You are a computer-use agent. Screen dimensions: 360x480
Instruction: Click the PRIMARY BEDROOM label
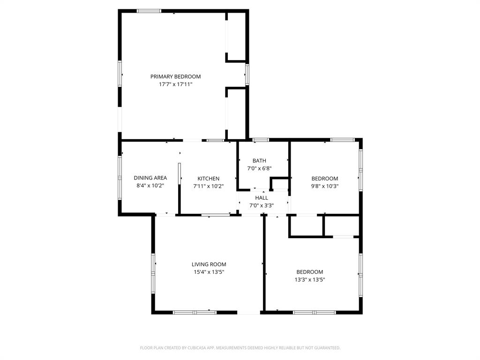(x=175, y=76)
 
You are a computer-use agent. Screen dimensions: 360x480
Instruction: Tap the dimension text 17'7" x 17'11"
(x=175, y=84)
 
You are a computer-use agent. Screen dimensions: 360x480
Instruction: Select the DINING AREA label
(x=150, y=178)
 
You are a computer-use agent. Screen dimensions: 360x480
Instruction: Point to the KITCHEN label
(x=208, y=179)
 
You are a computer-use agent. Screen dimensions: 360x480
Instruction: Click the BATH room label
(x=259, y=161)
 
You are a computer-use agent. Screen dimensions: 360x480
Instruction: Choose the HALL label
(x=262, y=198)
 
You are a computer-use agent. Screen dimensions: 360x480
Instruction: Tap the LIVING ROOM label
(x=209, y=264)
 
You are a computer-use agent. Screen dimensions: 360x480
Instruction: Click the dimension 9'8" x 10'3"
(x=325, y=186)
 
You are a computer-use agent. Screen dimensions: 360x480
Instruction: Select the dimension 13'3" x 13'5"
(x=309, y=279)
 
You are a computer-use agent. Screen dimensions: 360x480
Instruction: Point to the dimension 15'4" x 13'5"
(x=209, y=272)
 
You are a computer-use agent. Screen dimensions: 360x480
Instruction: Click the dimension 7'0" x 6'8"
(x=259, y=168)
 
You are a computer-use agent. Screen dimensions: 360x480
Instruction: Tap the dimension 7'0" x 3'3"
(x=262, y=205)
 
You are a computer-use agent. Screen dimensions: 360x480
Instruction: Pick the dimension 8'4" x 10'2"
(x=150, y=186)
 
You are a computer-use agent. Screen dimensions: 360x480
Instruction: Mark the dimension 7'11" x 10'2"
(x=208, y=186)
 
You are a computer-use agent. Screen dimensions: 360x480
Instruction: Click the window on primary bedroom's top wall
(x=149, y=11)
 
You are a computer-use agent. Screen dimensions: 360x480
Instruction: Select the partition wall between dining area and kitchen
(x=179, y=187)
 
